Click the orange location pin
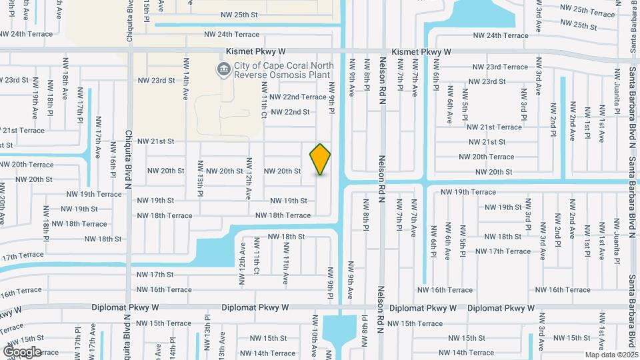(x=321, y=159)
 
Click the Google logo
(x=22, y=351)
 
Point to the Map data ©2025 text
(x=611, y=355)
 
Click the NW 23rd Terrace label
(x=500, y=67)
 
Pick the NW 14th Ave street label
(x=185, y=78)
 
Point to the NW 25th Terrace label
(x=587, y=11)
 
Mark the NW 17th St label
(x=155, y=274)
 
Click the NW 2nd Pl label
(x=553, y=119)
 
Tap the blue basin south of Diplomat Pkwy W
(x=339, y=329)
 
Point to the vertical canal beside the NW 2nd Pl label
(x=563, y=127)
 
